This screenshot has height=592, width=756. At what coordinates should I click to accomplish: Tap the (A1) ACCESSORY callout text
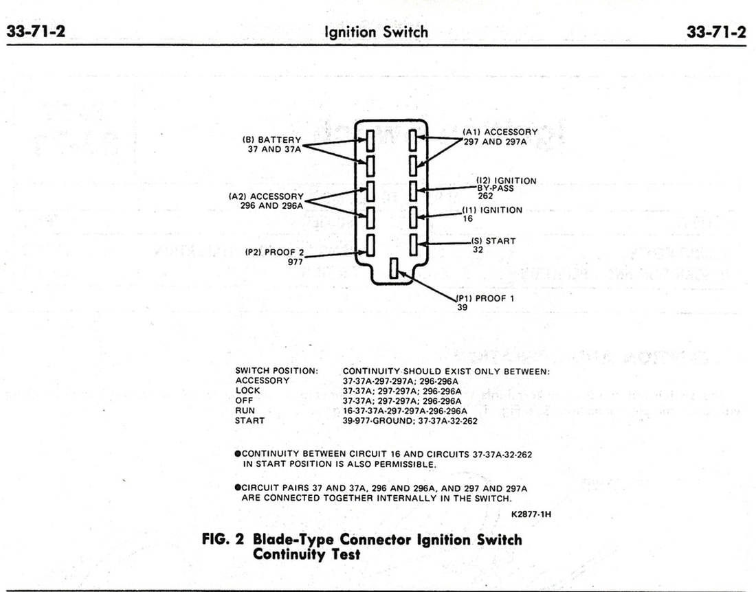coord(500,132)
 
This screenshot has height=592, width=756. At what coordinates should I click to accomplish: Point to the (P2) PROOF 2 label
coord(274,252)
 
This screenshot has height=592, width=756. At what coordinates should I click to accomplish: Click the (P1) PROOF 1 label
coord(485,298)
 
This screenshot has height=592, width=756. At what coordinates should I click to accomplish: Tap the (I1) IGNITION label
coord(493,210)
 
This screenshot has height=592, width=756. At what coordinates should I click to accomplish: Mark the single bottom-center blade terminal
coord(394,269)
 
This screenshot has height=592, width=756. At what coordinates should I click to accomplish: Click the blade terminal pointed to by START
coord(414,244)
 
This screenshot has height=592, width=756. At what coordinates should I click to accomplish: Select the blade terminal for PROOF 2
coord(370,244)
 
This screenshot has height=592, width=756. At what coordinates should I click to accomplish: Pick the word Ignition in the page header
coord(351,32)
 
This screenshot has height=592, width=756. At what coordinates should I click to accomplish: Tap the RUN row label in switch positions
coord(245,411)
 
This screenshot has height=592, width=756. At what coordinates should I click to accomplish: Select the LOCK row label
coord(247,391)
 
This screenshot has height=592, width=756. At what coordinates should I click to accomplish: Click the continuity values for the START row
coord(410,421)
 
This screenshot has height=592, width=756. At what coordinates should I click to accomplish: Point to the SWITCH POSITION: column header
coord(276,371)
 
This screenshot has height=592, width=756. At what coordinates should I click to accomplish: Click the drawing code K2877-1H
coord(531,513)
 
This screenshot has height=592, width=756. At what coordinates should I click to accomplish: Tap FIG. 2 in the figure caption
coord(223,539)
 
